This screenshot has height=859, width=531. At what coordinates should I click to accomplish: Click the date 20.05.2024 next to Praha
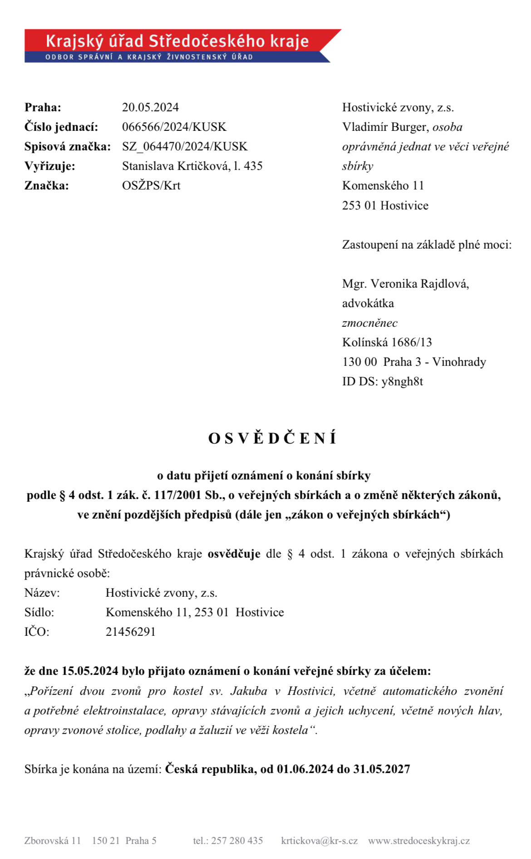click(x=150, y=107)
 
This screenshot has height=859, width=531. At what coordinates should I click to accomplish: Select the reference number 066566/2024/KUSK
click(x=174, y=127)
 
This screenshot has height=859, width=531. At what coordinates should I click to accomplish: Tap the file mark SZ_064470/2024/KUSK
click(x=185, y=146)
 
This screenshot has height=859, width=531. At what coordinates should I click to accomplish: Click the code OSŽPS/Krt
click(x=151, y=185)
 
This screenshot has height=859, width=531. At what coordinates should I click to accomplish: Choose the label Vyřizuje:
click(x=50, y=166)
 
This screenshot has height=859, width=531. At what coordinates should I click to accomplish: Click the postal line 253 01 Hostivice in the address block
click(x=385, y=205)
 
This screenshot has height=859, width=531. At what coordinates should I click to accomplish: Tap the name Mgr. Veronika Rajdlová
click(x=405, y=284)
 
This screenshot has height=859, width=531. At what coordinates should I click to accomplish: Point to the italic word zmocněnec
click(x=369, y=323)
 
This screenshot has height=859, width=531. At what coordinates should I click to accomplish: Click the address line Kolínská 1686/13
click(x=387, y=342)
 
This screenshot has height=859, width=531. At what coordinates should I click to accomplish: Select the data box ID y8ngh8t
click(x=402, y=381)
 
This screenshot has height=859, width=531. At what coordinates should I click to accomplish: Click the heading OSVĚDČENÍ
click(x=272, y=438)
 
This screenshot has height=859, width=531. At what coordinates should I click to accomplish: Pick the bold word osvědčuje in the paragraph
click(x=234, y=554)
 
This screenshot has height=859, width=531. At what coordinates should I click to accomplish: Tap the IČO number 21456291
click(x=131, y=632)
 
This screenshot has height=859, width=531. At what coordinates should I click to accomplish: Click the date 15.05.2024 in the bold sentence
click(x=90, y=671)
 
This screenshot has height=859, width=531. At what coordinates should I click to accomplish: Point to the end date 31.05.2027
click(x=382, y=769)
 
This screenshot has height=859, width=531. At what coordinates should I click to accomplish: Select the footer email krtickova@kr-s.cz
click(x=319, y=840)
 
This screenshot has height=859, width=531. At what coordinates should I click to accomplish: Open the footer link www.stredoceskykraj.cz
click(x=418, y=840)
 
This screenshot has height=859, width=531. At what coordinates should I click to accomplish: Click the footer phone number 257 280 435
click(x=237, y=840)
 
